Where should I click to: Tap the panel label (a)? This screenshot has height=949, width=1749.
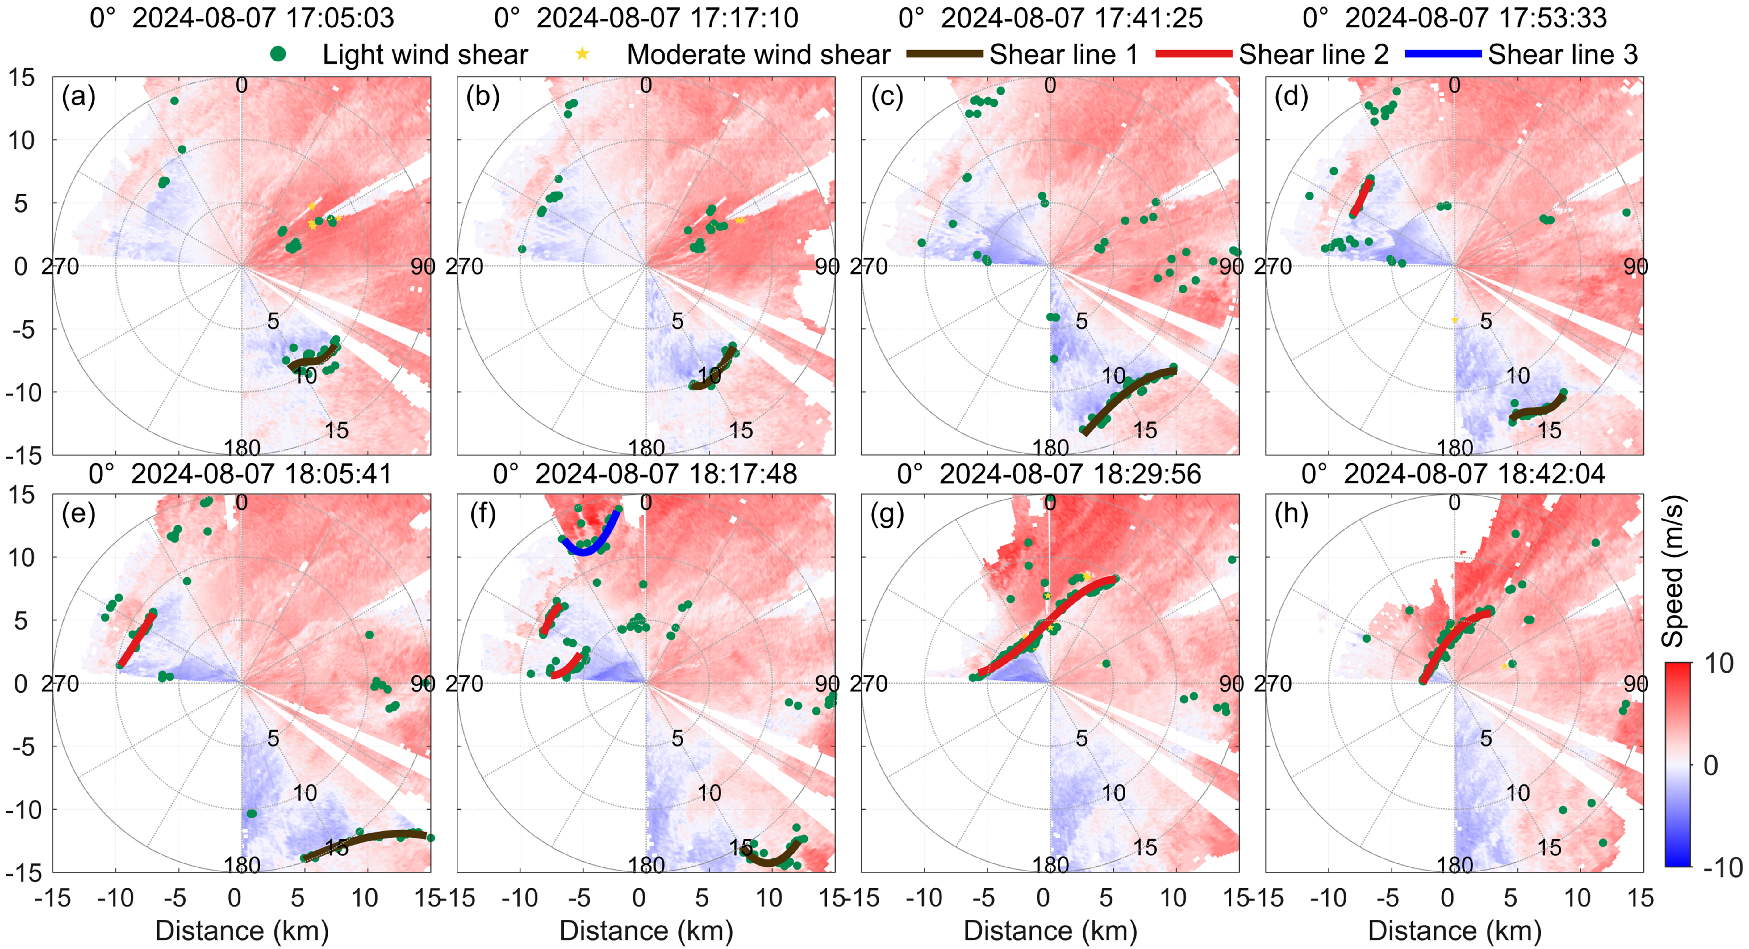[79, 97]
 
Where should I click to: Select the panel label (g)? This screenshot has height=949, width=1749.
[887, 514]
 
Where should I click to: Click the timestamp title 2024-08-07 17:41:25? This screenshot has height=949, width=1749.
[1071, 18]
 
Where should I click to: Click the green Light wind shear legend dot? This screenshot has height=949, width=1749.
[278, 54]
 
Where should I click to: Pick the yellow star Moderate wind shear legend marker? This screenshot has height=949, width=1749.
[582, 54]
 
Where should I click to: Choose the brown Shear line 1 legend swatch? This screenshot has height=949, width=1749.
[945, 54]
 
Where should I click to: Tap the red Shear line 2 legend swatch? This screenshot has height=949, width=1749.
[1194, 54]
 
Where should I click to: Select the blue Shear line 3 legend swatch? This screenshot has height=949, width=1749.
[1443, 54]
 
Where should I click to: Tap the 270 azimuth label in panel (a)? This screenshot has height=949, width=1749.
[60, 266]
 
